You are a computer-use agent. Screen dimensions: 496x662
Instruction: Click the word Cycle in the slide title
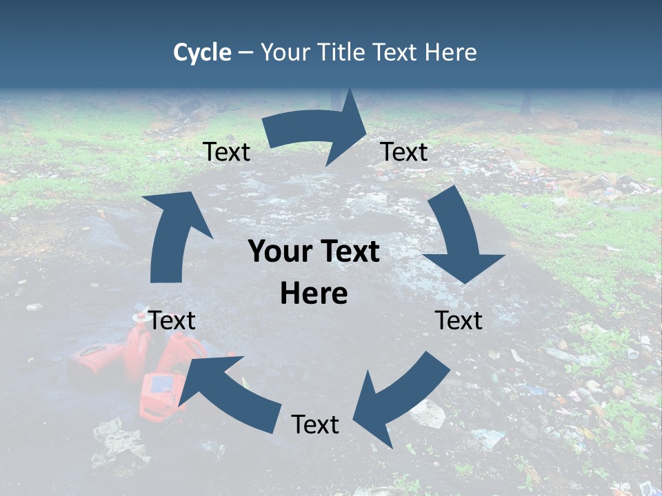(x=202, y=52)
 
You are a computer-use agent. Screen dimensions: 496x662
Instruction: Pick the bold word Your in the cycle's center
(x=277, y=252)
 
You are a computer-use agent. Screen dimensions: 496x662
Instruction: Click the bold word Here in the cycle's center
(x=314, y=294)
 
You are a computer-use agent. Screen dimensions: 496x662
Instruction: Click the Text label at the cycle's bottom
(x=315, y=425)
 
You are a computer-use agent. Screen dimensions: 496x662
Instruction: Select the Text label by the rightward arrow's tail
(x=226, y=152)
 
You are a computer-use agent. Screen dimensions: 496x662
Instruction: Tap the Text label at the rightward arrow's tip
(x=404, y=152)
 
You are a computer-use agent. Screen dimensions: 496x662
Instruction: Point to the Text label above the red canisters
(x=172, y=320)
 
